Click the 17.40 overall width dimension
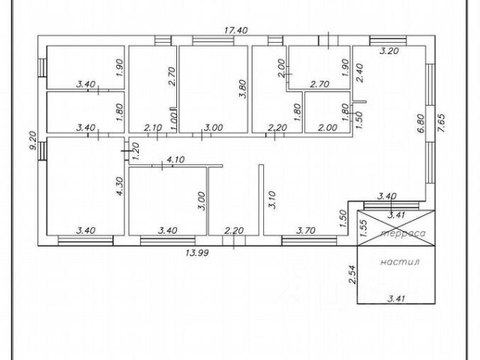click(237, 30)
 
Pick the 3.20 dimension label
click(388, 52)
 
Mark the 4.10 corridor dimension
click(175, 159)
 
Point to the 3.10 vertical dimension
click(272, 199)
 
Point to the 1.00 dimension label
click(174, 120)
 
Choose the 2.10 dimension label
click(153, 127)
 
